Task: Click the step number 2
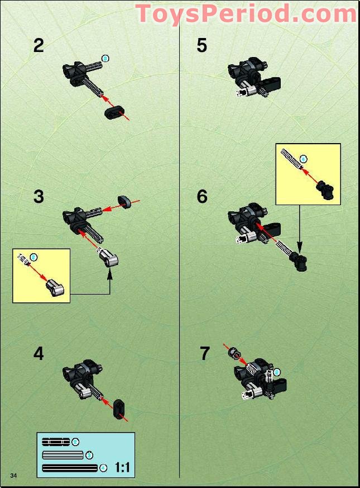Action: tap(38, 45)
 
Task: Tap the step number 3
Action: tap(38, 197)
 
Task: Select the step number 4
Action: tap(38, 354)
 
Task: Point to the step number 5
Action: tap(201, 45)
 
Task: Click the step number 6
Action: tap(201, 197)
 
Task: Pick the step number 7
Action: tap(204, 354)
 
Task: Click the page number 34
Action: tap(14, 475)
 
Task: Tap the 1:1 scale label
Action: tap(122, 467)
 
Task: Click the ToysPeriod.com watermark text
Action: tap(246, 13)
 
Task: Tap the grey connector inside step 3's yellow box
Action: tap(55, 287)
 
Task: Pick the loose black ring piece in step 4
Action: tap(119, 409)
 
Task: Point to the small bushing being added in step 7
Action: tap(234, 354)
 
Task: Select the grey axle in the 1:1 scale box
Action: tap(63, 454)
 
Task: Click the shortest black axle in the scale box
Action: tap(56, 442)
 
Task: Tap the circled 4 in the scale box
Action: tap(103, 467)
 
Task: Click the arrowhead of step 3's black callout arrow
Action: tap(109, 272)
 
